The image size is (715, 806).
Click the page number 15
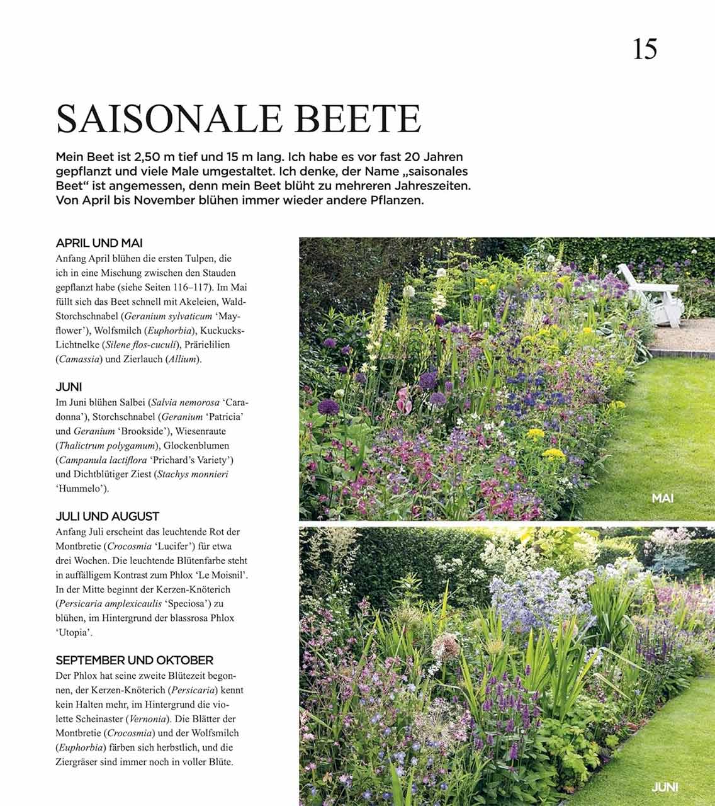[645, 49]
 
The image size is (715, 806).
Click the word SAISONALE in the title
[165, 118]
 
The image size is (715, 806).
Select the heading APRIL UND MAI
[99, 243]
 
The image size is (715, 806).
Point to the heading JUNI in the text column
[69, 387]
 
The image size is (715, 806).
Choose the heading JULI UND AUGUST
[108, 516]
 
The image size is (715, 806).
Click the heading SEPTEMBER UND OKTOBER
[135, 661]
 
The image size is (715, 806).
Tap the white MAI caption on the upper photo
[663, 498]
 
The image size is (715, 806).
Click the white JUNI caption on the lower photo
[665, 787]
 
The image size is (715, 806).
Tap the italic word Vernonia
[148, 718]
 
